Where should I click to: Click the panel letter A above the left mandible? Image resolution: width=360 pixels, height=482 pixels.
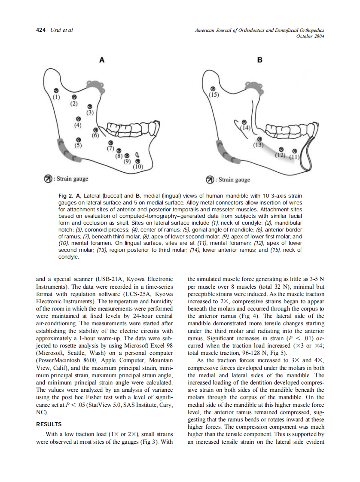click(x=102, y=61)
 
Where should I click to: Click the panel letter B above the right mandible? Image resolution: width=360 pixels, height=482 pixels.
click(x=259, y=61)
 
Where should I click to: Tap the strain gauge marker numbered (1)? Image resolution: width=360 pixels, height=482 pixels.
click(x=55, y=91)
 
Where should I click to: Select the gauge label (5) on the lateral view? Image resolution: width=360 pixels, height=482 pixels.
click(x=78, y=145)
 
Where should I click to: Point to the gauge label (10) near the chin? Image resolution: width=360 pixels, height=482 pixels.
click(x=138, y=167)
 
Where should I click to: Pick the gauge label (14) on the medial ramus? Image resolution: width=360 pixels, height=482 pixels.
click(x=245, y=128)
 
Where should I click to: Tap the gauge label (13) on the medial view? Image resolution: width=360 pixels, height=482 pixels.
click(x=258, y=145)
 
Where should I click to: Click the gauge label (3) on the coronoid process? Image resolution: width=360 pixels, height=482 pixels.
click(x=89, y=113)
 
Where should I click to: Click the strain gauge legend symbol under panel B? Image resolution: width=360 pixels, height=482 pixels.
click(x=211, y=180)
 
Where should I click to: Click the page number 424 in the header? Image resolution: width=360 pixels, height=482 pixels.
click(x=41, y=30)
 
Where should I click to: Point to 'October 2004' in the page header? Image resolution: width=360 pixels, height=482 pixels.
click(x=310, y=36)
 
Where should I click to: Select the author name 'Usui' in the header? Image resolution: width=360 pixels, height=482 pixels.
click(x=56, y=30)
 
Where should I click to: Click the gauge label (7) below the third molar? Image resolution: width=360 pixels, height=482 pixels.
click(x=110, y=149)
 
